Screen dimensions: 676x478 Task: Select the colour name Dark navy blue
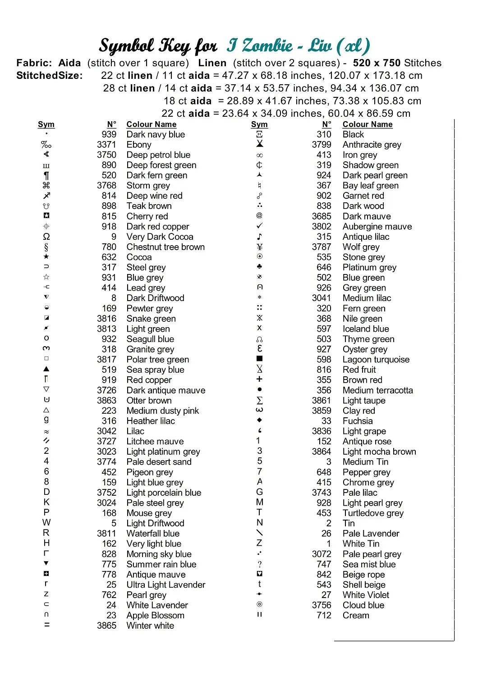pos(156,134)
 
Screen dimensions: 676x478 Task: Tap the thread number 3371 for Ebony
pos(106,145)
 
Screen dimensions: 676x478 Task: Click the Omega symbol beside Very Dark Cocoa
pos(46,237)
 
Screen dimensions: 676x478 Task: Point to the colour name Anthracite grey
pos(372,145)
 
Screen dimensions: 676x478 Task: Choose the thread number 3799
pos(322,145)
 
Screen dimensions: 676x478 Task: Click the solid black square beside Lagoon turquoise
pos(259,359)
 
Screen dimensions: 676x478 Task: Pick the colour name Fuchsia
pos(358,421)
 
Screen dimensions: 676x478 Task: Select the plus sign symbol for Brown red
pos(259,379)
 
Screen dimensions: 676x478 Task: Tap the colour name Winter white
pos(150,626)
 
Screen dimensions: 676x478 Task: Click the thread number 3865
pos(106,626)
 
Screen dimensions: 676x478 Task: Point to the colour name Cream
pos(356,615)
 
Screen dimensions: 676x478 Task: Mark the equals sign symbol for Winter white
pos(46,625)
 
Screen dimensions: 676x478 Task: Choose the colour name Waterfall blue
pos(153,534)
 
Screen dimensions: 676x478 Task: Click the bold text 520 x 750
pos(377,63)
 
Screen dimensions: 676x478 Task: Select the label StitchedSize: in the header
pos(50,75)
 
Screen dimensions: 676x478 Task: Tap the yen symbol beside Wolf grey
pos(259,247)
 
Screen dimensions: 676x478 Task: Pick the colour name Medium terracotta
pos(377,390)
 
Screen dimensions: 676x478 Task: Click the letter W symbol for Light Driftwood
pos(46,523)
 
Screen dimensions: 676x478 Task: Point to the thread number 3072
pos(322,554)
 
